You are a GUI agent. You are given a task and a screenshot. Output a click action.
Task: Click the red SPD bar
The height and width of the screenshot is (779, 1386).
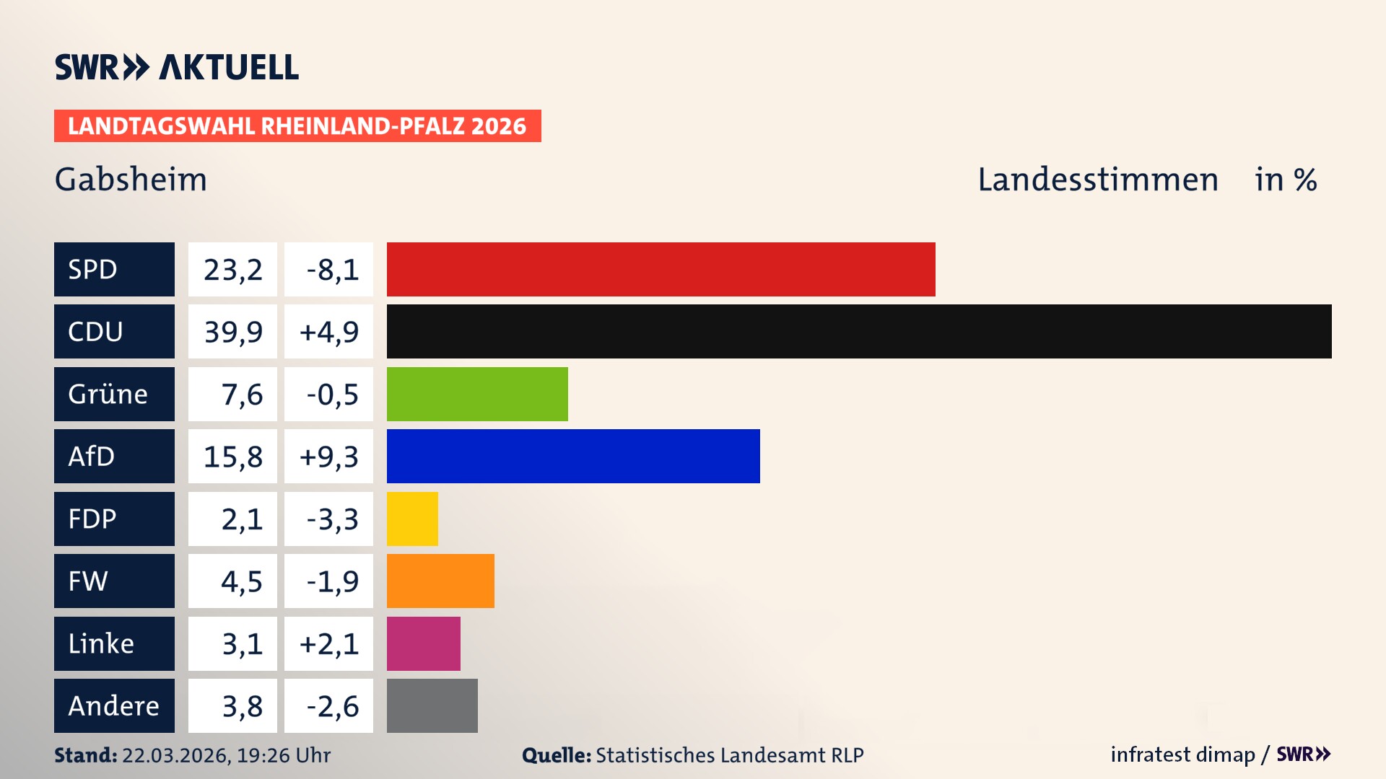661,269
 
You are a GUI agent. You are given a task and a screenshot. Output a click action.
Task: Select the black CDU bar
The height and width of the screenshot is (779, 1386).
859,331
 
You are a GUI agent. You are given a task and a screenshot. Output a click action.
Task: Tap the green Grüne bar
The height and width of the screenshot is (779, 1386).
477,394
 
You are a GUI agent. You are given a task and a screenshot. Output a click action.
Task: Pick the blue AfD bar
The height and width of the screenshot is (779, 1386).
573,456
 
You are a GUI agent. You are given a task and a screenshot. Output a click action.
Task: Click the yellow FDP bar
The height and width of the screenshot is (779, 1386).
412,519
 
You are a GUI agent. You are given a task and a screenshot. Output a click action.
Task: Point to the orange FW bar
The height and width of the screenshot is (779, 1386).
440,581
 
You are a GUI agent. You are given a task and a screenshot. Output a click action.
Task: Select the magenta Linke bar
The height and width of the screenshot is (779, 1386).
423,643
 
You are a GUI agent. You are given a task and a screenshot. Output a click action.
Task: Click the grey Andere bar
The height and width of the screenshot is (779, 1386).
432,705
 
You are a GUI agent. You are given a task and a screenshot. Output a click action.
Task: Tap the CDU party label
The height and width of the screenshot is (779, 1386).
114,331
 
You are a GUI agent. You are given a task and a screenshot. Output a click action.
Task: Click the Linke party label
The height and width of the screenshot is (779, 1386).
114,643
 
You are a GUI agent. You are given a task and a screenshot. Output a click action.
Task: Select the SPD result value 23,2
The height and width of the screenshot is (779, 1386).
232,269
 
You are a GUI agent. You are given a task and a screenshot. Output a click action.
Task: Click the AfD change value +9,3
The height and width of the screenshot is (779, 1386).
328,456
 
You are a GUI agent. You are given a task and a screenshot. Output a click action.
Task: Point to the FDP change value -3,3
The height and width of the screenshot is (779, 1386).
328,519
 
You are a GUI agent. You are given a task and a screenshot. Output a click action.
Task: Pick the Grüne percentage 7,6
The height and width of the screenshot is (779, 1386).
232,394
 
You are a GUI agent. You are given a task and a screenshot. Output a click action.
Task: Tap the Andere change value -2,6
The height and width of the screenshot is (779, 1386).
328,705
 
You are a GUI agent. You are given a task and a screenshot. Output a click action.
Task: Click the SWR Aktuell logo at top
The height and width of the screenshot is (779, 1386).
176,67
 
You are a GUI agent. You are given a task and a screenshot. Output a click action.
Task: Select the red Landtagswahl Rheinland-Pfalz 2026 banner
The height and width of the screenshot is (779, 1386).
297,126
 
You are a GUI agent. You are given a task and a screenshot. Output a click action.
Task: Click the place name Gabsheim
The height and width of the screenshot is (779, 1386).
131,179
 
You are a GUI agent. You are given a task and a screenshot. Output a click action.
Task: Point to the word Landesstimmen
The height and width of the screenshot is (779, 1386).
1097,179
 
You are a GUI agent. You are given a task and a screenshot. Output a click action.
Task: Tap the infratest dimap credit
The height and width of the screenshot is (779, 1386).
1182,754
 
